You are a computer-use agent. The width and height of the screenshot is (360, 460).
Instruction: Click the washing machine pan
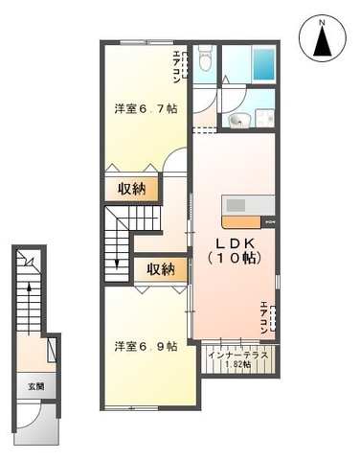click(264, 117)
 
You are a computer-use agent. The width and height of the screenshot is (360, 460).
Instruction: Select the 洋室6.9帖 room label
click(144, 346)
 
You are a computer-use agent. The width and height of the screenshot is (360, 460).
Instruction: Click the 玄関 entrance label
click(34, 387)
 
